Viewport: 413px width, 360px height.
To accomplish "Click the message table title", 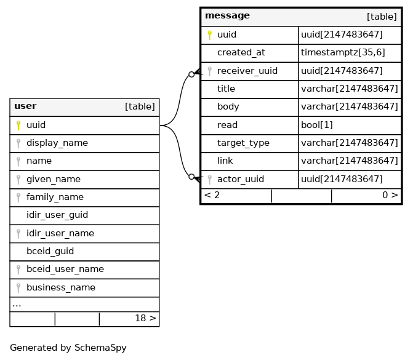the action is (227, 16).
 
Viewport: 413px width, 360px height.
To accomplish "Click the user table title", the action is (25, 106).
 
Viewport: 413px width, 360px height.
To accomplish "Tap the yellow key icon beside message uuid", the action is (210, 34).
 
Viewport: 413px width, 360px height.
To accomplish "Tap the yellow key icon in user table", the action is (18, 126).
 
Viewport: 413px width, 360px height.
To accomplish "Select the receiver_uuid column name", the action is (247, 71).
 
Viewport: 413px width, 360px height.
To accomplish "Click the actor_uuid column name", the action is (241, 179).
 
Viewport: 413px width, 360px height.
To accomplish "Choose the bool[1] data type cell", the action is (317, 125).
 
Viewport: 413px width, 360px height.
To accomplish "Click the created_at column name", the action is (241, 53).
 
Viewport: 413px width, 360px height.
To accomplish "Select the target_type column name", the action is (243, 143).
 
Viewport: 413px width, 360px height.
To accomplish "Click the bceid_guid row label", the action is (50, 251).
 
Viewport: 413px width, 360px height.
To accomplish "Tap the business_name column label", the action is (61, 287).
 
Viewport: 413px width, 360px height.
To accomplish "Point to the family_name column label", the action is (55, 197).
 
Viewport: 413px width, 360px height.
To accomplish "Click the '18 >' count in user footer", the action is (145, 318).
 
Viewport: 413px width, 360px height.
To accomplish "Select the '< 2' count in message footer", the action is (212, 195).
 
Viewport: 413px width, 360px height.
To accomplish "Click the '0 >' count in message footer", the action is (390, 195).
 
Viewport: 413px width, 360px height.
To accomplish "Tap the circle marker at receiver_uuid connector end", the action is (192, 74).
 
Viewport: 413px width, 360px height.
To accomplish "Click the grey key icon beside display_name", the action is (18, 143).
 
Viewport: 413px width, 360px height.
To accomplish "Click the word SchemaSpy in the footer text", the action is (100, 348).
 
